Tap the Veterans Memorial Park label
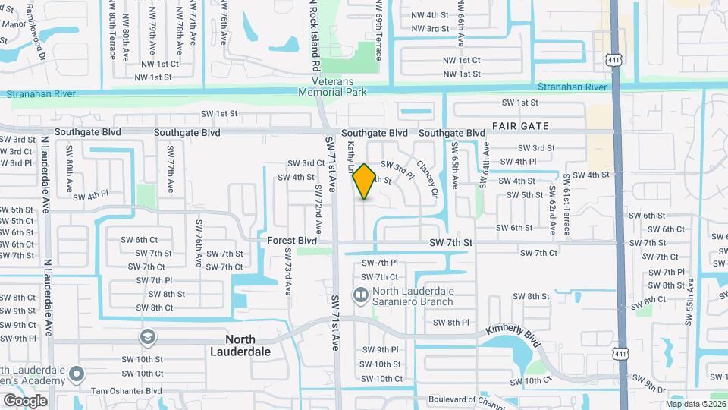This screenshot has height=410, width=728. [340, 86]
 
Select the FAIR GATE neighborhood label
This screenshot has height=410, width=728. [520, 125]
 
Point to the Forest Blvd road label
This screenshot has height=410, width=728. [292, 241]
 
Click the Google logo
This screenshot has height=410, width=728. [24, 400]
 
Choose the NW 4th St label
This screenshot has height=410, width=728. [430, 14]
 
